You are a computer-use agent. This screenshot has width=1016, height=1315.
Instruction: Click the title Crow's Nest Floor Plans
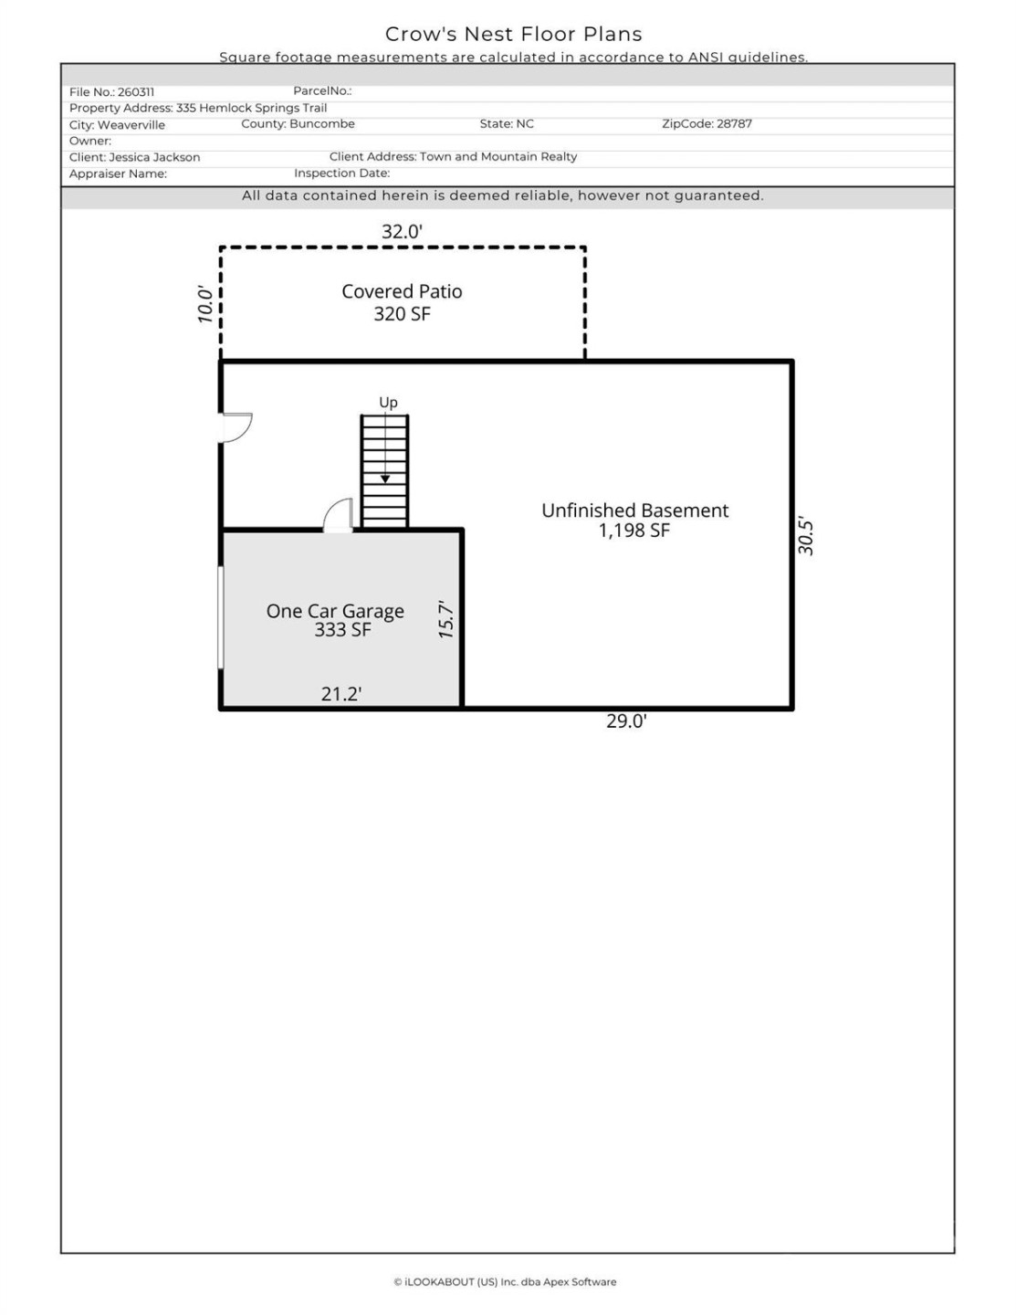[x=513, y=34]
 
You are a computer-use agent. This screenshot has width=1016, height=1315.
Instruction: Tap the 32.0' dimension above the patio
[x=402, y=232]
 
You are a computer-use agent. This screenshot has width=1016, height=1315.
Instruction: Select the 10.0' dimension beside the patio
[x=206, y=304]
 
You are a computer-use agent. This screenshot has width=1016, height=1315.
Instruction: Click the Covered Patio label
[x=402, y=291]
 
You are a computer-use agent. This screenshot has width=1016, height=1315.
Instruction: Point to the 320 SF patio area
[x=402, y=314]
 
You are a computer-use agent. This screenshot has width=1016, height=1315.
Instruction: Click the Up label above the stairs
[x=388, y=403]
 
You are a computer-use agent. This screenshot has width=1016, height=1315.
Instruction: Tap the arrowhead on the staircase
[x=385, y=479]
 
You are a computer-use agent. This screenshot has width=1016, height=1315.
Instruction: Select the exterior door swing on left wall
[x=236, y=427]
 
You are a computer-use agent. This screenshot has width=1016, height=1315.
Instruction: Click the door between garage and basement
[x=339, y=515]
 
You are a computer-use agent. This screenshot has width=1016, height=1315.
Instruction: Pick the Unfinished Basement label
[x=634, y=510]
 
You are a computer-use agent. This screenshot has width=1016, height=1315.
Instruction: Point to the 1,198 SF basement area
[x=634, y=531]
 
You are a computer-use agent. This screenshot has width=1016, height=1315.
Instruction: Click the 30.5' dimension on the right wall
[x=805, y=536]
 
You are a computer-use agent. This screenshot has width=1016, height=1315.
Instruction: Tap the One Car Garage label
[x=335, y=611]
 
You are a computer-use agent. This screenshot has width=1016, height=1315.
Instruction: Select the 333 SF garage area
[x=342, y=630]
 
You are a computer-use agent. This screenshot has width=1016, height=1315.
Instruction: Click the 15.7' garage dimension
[x=445, y=619]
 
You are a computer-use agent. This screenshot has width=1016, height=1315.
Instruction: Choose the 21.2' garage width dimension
[x=340, y=694]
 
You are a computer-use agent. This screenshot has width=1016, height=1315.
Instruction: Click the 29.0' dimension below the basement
[x=626, y=721]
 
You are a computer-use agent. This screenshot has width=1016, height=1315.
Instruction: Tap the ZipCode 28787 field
[x=707, y=124]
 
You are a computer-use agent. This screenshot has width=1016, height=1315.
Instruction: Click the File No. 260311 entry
[x=111, y=92]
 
